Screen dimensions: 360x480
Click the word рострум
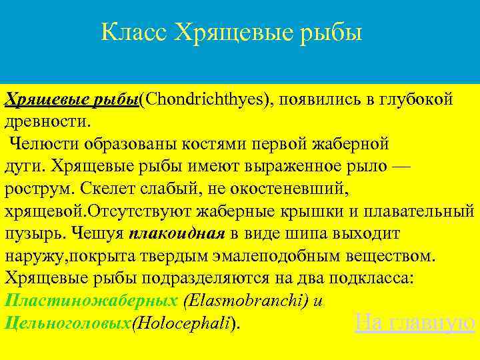tap(35, 189)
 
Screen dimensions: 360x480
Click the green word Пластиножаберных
tap(91, 301)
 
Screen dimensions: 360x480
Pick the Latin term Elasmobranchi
tap(246, 301)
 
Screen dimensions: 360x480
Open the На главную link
tap(415, 323)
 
